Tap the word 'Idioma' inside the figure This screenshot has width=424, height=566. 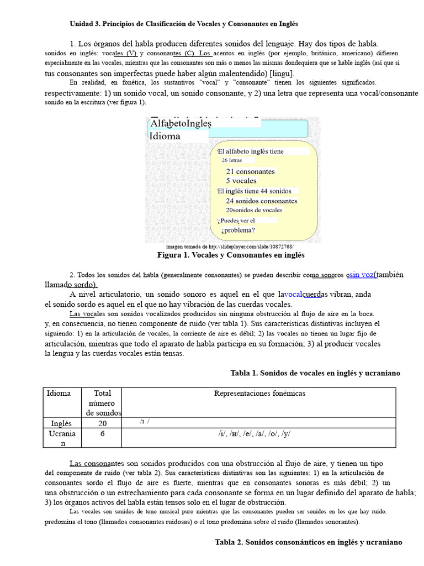[x=165, y=136]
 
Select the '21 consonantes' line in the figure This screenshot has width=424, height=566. [x=250, y=171]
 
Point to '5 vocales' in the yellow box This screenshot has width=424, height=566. [x=241, y=181]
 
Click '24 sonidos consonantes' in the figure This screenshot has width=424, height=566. [x=261, y=201]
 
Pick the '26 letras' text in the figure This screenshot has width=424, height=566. [x=232, y=160]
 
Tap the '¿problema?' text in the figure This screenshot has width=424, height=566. [x=238, y=230]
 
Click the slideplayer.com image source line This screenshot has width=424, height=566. [x=230, y=247]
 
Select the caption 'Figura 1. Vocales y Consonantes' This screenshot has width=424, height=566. [x=231, y=255]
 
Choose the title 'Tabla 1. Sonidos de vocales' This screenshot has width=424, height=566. [x=315, y=373]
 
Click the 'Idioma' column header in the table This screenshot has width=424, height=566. [x=59, y=394]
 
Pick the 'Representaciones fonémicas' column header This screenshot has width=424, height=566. [x=259, y=394]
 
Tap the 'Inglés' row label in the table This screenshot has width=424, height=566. [x=61, y=423]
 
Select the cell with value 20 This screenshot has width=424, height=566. [x=102, y=423]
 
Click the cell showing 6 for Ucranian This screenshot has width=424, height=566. [x=102, y=434]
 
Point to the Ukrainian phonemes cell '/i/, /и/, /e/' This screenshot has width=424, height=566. [x=254, y=434]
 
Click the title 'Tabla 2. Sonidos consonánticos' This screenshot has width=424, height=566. [x=309, y=542]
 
